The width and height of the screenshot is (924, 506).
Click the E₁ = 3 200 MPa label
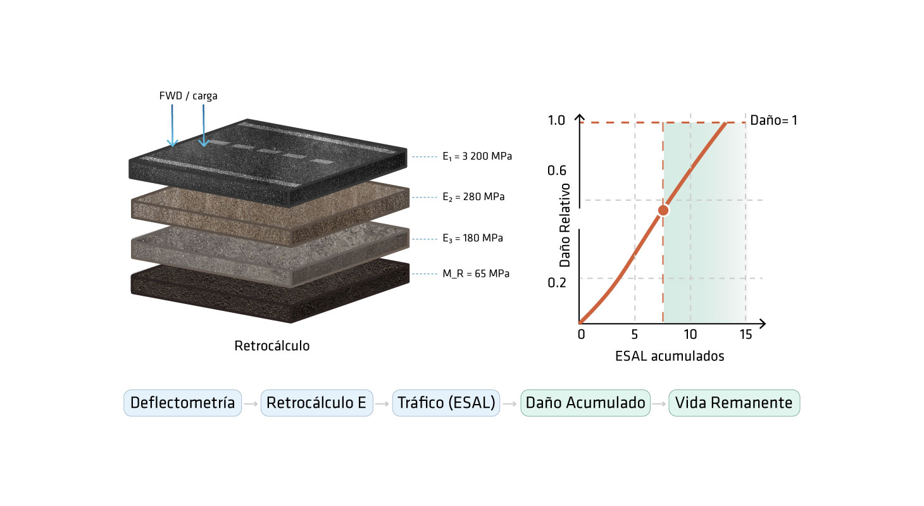pos(477,156)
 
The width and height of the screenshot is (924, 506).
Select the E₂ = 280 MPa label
pos(473,197)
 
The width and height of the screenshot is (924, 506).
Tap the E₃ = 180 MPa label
pos(472,238)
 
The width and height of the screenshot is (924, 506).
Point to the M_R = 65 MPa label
pos(476,274)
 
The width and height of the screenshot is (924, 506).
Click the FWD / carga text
pos(188,96)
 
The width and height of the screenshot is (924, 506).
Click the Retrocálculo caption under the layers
pos(272,345)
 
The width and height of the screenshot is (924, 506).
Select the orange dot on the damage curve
pos(663,210)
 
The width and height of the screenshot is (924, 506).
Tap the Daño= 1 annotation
pos(773,120)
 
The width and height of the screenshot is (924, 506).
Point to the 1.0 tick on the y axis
pos(556,120)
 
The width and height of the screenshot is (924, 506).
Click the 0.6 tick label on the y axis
pos(556,170)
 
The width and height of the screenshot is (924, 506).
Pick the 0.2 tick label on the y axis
pos(556,282)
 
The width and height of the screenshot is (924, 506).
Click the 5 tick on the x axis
pos(634,334)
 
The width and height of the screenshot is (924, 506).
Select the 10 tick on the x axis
pos(690,334)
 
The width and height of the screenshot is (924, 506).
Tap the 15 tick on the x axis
pos(746,334)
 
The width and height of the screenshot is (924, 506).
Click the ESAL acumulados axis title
pos(670,356)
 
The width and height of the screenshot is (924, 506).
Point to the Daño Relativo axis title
pos(565,225)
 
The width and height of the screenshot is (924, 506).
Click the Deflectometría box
pos(182,403)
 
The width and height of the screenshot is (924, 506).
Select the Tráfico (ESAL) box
pos(446,403)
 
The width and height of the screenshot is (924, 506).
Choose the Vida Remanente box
pos(734,403)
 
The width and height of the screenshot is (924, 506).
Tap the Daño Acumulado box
pos(585,403)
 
